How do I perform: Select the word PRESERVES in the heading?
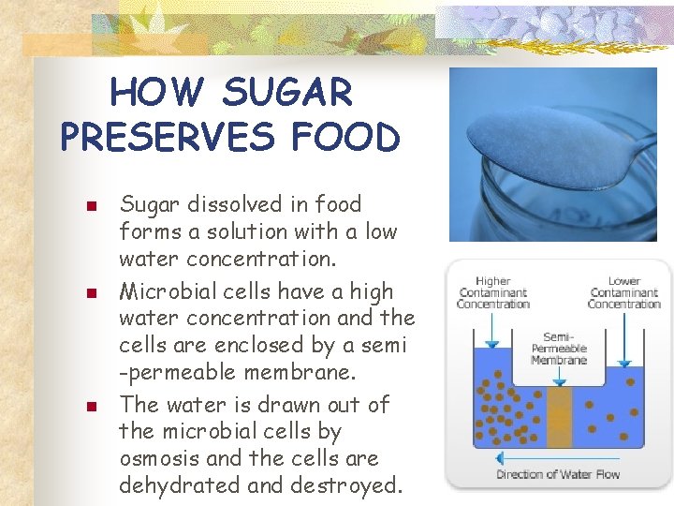(x=166, y=137)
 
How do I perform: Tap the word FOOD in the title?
(x=345, y=137)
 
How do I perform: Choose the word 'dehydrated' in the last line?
(x=187, y=486)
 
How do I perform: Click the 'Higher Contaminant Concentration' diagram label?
(x=493, y=292)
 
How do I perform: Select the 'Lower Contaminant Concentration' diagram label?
(x=624, y=292)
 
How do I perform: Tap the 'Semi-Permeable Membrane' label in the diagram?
(x=559, y=348)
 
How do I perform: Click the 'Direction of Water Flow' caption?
(x=558, y=474)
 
